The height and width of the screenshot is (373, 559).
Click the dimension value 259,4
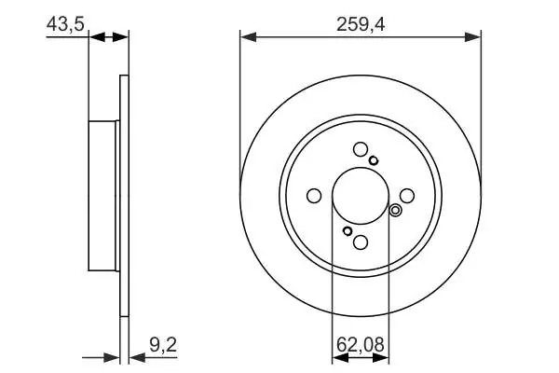361,25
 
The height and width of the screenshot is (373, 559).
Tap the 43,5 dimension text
65,24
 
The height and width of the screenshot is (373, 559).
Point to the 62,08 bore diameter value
361,344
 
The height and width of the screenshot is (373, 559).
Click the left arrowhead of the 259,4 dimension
248,36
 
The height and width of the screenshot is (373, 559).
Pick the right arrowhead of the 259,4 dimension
472,36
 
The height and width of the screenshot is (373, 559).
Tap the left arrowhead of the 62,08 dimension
340,358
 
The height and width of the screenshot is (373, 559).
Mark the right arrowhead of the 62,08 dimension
381,358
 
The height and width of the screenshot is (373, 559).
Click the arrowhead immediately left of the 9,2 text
137,358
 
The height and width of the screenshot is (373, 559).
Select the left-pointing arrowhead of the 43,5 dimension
97,36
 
